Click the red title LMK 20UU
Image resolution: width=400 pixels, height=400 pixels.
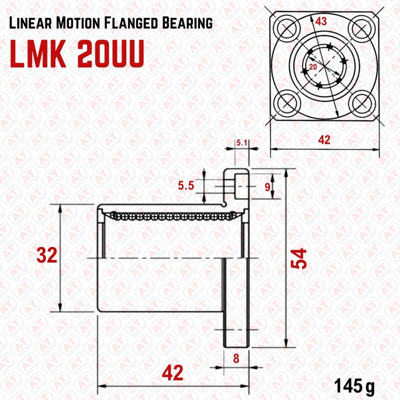click(77, 53)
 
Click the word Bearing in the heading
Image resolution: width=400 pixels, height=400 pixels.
click(187, 23)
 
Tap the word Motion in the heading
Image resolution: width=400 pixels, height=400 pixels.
click(78, 23)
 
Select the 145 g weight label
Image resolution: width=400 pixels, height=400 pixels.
click(354, 386)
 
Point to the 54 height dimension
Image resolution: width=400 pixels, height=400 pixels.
click(298, 258)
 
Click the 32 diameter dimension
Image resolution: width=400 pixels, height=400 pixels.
click(46, 255)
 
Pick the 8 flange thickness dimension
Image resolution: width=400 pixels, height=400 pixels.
click(236, 358)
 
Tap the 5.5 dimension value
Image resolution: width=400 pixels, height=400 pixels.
click(186, 185)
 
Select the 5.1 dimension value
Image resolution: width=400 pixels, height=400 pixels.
click(241, 143)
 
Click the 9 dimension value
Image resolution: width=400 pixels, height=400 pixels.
click(267, 187)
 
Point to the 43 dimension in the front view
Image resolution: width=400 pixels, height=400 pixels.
click(321, 21)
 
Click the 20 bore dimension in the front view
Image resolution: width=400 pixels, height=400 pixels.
click(313, 67)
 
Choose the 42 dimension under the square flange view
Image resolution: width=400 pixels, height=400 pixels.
click(324, 140)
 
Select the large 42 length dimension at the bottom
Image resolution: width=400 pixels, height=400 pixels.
click(172, 372)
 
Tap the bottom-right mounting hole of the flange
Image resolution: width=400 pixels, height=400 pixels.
click(361, 103)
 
